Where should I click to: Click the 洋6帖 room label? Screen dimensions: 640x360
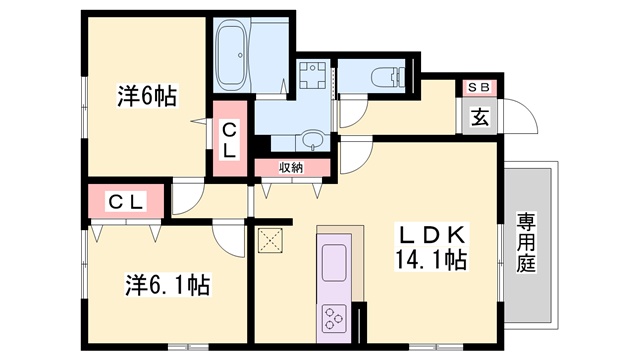147,96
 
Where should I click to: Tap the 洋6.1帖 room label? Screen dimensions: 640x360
167,285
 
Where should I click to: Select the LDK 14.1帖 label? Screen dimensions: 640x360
431,247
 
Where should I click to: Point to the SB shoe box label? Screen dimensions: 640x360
478,87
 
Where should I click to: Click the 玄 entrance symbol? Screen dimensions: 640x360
480,117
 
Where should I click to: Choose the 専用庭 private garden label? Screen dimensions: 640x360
526,242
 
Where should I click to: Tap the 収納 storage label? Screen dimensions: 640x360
291,167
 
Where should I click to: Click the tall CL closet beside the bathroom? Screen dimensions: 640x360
230,139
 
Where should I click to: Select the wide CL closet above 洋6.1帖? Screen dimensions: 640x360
126,201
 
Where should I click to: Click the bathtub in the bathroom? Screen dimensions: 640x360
231,55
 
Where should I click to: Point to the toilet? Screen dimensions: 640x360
388,76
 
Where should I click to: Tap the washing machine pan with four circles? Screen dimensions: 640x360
313,75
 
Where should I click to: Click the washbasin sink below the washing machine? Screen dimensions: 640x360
313,140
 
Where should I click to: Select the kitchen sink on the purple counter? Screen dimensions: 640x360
334,263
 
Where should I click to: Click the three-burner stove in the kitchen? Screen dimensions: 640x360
334,319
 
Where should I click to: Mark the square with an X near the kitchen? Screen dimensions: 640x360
270,240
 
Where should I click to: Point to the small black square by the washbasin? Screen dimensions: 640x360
263,144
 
